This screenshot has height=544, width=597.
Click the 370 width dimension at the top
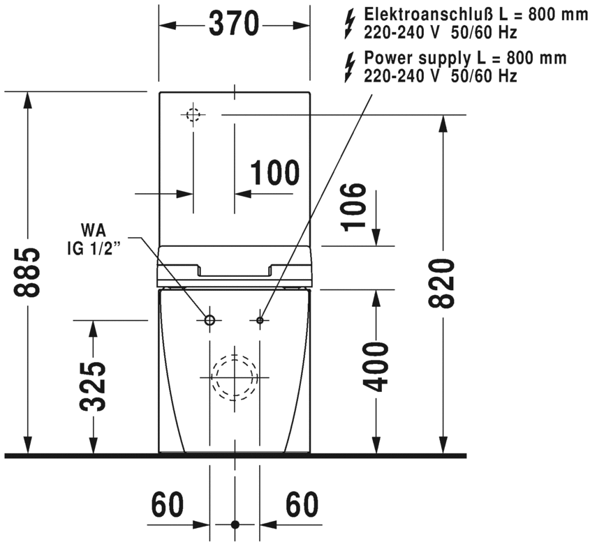(235, 24)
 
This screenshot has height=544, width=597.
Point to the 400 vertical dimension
(378, 366)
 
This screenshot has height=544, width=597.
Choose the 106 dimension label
(353, 206)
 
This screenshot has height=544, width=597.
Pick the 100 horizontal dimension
(274, 172)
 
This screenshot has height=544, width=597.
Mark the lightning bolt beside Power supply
(351, 68)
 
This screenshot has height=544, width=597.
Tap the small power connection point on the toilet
(260, 320)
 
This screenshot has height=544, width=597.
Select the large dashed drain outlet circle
(235, 377)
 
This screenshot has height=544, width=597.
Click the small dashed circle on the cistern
(193, 114)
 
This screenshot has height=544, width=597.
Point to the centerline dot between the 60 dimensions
(235, 524)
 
